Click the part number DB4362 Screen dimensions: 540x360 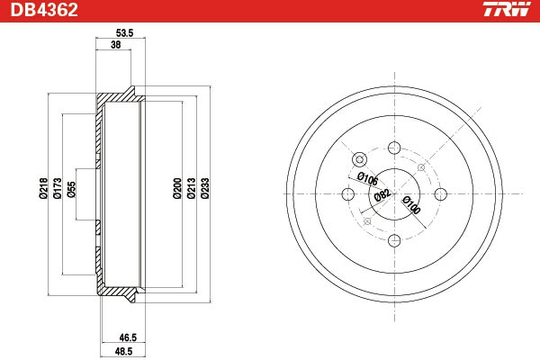(x=44, y=10)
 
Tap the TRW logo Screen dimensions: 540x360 (x=507, y=9)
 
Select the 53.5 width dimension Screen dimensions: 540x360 (x=124, y=33)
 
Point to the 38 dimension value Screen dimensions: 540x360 (x=116, y=44)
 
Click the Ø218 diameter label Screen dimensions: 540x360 (x=43, y=188)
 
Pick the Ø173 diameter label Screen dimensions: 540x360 (x=58, y=188)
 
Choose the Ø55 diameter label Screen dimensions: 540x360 (x=71, y=190)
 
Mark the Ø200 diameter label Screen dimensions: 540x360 (x=177, y=188)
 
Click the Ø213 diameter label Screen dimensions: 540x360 (x=191, y=188)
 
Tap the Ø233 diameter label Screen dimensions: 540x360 (x=205, y=188)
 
